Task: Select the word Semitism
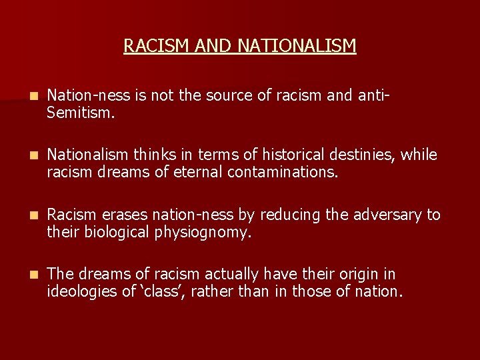[x=81, y=114]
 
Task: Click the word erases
[x=125, y=215]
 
